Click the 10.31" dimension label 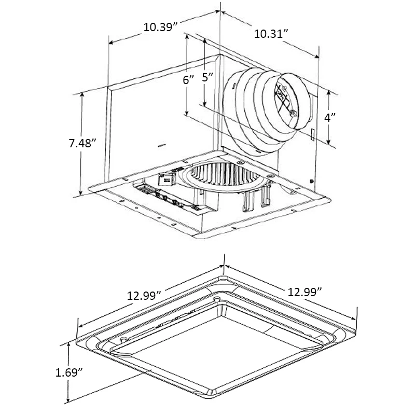270,34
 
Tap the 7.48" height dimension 83,144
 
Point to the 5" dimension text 208,77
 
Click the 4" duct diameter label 330,117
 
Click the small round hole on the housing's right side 310,181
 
